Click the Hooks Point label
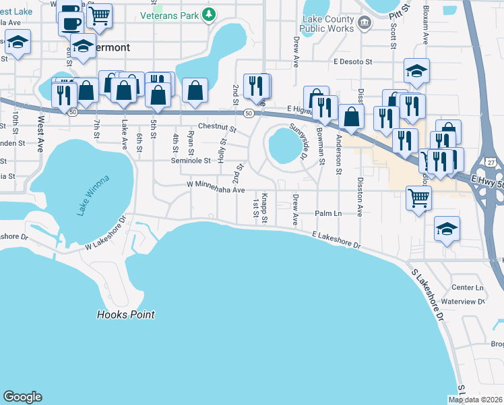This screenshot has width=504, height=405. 125,315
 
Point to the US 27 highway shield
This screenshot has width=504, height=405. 493,163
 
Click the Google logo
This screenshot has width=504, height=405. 23,397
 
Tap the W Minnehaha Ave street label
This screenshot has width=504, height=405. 216,190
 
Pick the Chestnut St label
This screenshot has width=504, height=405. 217,128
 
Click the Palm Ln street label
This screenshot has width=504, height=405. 329,213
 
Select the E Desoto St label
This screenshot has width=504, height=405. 352,62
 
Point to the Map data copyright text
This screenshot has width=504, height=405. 475,400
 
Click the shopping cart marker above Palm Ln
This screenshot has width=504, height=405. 418,198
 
